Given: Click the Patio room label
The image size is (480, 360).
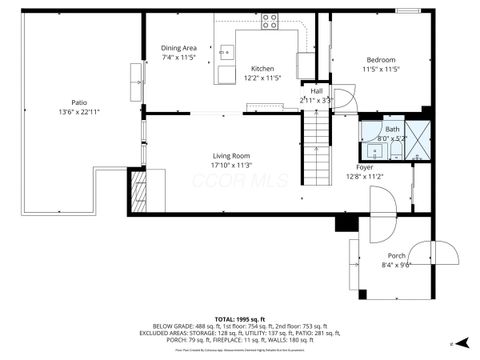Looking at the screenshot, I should pos(78,102).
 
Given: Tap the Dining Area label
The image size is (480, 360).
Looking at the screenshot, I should pos(179,48).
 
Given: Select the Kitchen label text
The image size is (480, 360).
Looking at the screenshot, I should pos(262,68).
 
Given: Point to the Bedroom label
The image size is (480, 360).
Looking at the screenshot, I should pos(380,60).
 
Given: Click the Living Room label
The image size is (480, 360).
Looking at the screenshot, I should pos(230,156).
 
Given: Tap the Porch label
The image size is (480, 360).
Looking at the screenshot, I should pos(396,256).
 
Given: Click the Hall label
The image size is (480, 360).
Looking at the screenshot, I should pos(316,92).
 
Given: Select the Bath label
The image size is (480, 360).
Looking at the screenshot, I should pos(392,129).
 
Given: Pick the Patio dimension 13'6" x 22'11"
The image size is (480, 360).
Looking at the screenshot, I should pos(78,111).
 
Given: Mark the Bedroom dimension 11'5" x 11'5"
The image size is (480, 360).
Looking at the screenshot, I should pos(380,69).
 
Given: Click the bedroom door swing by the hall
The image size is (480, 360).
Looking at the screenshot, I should pos(343,99).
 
